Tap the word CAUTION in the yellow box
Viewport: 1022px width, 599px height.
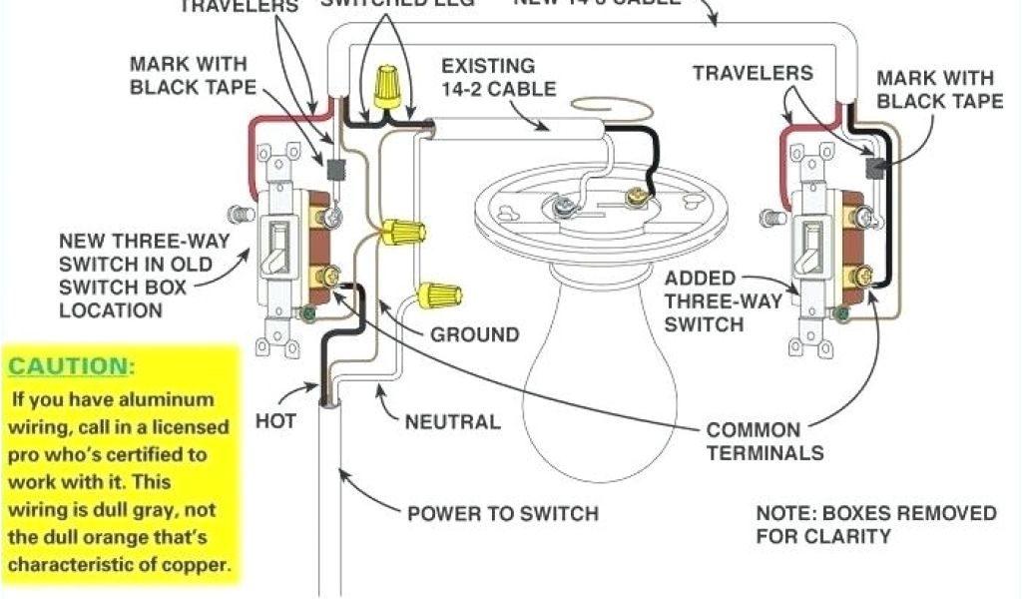click(69, 366)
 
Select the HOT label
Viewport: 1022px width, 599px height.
click(275, 420)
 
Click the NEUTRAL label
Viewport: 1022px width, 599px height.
click(452, 421)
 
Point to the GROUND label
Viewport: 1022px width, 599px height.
click(474, 333)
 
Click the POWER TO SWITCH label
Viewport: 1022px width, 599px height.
click(503, 514)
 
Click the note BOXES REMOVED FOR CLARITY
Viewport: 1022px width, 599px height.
click(875, 524)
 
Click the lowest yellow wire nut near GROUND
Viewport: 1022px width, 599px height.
click(439, 294)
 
